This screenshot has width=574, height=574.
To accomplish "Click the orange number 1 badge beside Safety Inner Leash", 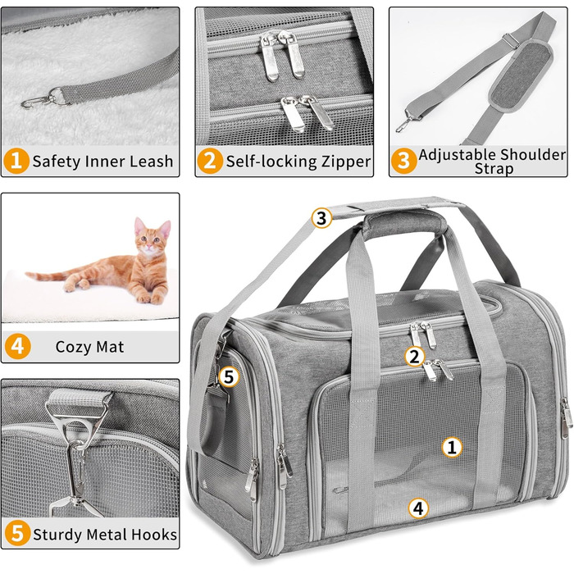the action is [16, 161].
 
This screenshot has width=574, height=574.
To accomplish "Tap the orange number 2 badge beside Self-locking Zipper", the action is [210, 161].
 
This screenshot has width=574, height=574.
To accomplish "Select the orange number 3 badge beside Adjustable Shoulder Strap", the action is [403, 161].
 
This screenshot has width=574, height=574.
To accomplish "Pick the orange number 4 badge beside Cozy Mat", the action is [17, 346].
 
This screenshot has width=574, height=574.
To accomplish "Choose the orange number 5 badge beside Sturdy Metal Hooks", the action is [17, 533].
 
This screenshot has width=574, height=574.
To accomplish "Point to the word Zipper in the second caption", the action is [345, 162].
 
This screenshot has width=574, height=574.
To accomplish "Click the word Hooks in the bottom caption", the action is [154, 535].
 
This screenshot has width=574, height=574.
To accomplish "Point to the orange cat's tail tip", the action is [28, 274].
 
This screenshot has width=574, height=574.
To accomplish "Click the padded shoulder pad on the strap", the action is [522, 76].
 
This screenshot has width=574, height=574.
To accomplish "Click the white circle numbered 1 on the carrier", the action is [452, 447].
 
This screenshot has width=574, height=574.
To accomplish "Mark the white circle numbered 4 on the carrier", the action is [418, 508].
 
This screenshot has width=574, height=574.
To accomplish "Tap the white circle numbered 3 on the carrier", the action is [321, 218].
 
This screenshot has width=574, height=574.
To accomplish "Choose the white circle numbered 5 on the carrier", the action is [229, 376].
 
